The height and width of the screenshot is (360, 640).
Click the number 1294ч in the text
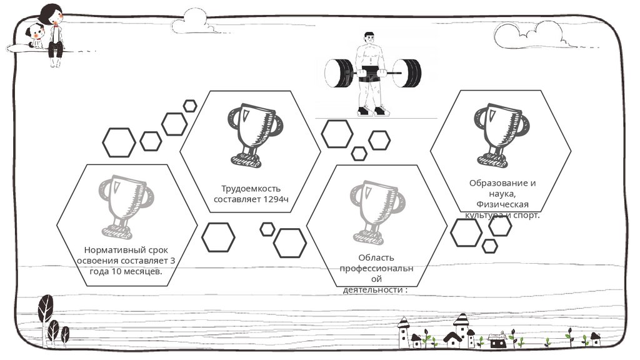276,199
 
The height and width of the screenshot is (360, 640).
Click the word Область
376,257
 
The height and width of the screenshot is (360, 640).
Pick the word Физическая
502,204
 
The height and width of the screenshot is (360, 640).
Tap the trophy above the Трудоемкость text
251,134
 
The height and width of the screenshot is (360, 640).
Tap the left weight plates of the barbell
340,73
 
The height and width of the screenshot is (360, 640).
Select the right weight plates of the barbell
409,73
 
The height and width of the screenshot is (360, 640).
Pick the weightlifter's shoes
372,112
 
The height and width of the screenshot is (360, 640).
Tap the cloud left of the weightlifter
194,24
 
